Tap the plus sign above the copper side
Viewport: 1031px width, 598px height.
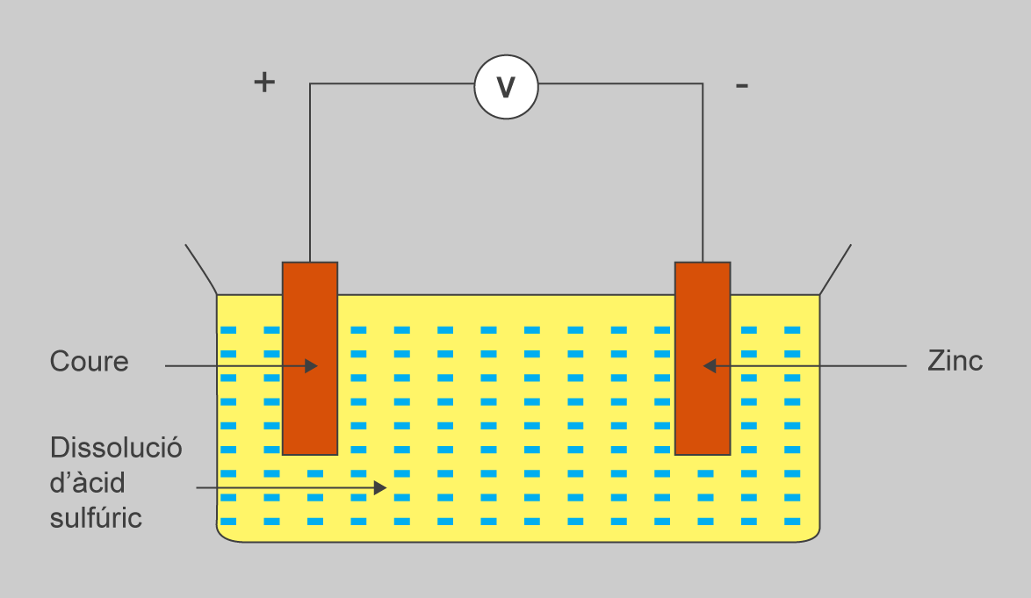264,83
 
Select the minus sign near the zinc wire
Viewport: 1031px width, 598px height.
742,86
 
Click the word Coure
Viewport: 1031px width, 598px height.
89,362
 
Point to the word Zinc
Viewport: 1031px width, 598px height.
955,361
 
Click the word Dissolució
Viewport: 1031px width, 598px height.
116,447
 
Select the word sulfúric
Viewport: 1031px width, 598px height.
96,518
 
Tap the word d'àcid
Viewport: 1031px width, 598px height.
88,483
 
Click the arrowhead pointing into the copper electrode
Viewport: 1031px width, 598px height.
311,365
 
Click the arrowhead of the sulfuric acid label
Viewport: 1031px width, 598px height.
380,487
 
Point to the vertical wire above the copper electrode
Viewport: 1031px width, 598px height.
310,176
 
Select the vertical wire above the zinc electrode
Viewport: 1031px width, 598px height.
703,176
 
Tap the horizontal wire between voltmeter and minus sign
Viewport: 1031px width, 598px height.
619,84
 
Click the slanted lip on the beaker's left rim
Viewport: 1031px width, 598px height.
201,269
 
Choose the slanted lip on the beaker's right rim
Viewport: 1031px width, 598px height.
835,269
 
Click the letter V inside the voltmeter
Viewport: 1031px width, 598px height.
506,88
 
